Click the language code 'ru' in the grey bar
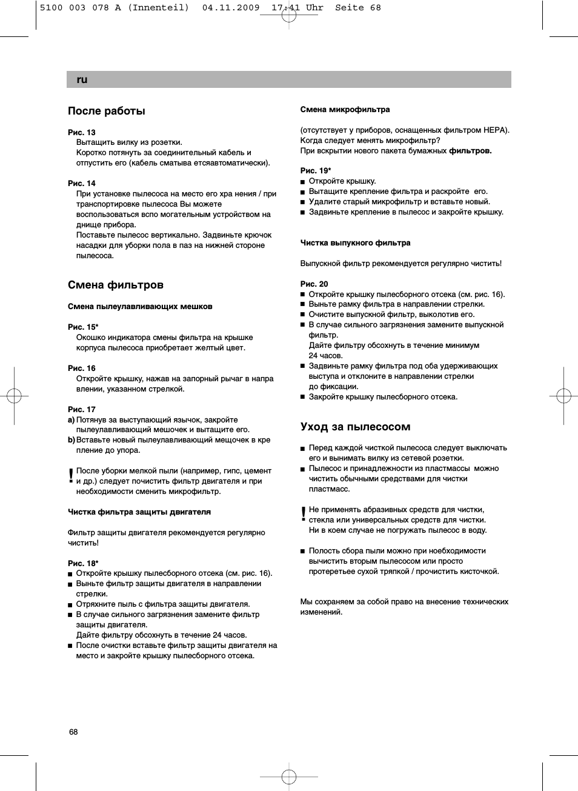[82, 79]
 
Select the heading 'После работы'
[107, 111]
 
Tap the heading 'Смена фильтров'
[116, 285]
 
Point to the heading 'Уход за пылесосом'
[355, 427]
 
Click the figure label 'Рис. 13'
[82, 132]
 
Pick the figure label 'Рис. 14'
[82, 183]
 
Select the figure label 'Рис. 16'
[82, 368]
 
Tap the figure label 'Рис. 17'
[82, 409]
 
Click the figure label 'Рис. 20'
[314, 284]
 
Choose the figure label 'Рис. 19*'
[316, 170]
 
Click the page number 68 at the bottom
[73, 732]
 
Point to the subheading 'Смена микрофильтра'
[345, 110]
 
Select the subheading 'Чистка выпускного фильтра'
[355, 243]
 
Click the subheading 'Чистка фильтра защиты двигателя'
[139, 512]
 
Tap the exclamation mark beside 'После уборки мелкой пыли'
[71, 476]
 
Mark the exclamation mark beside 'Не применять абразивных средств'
[304, 515]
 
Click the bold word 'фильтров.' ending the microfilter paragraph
[470, 151]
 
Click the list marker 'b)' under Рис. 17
[71, 440]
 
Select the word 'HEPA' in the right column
[495, 130]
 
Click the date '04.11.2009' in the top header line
[231, 8]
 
